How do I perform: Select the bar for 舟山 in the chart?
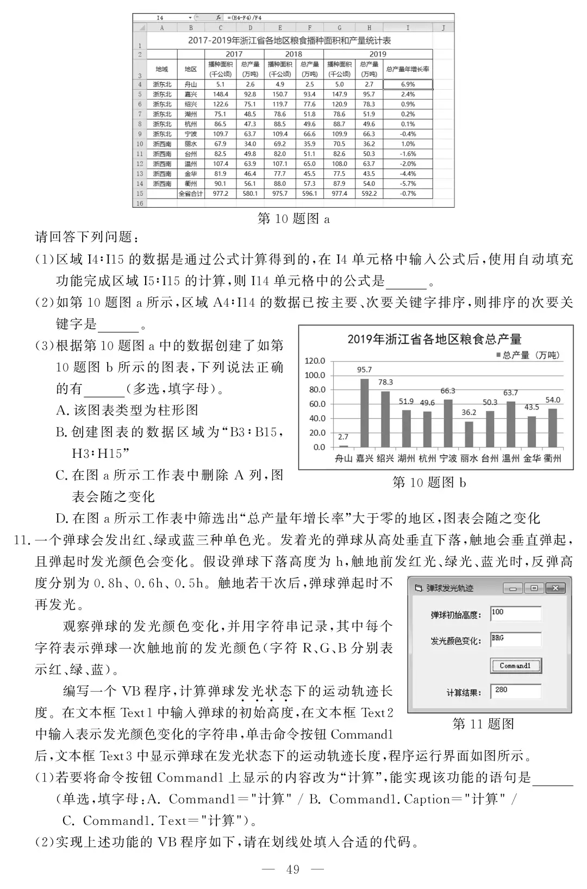(343, 446)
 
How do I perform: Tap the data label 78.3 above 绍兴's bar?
(385, 382)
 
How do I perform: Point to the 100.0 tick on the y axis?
(315, 375)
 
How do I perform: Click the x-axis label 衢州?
(552, 458)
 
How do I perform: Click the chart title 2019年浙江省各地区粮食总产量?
(434, 339)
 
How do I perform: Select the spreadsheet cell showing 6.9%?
(408, 84)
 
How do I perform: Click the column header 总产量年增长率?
(408, 69)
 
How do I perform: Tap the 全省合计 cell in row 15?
(191, 194)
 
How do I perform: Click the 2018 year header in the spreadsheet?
(293, 54)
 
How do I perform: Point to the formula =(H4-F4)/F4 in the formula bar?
(245, 18)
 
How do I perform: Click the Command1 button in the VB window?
(515, 666)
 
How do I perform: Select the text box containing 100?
(515, 613)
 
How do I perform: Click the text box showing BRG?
(515, 639)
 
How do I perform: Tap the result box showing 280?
(515, 691)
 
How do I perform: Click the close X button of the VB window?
(555, 588)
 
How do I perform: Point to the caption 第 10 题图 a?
(293, 219)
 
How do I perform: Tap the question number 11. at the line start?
(21, 540)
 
